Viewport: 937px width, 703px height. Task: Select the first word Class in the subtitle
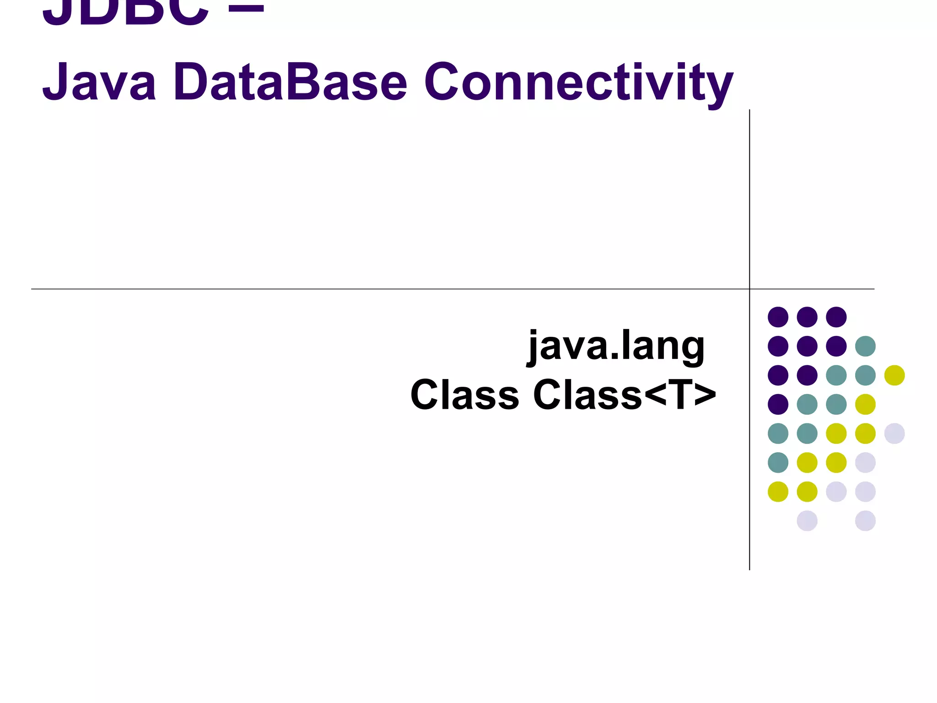(464, 395)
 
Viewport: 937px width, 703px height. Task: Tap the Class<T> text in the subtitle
(624, 395)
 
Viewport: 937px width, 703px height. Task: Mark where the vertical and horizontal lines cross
(749, 289)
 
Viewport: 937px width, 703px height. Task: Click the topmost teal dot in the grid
(865, 346)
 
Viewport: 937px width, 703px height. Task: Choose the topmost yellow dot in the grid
(894, 375)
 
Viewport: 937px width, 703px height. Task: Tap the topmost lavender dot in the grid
(894, 433)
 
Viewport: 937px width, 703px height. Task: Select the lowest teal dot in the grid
(778, 462)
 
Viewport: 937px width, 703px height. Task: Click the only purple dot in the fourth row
(778, 404)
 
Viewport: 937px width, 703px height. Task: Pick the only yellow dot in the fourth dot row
(865, 404)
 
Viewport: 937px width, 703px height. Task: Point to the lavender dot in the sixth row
(865, 462)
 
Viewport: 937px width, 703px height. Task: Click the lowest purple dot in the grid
(778, 404)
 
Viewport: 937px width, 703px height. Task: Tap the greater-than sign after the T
(705, 395)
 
